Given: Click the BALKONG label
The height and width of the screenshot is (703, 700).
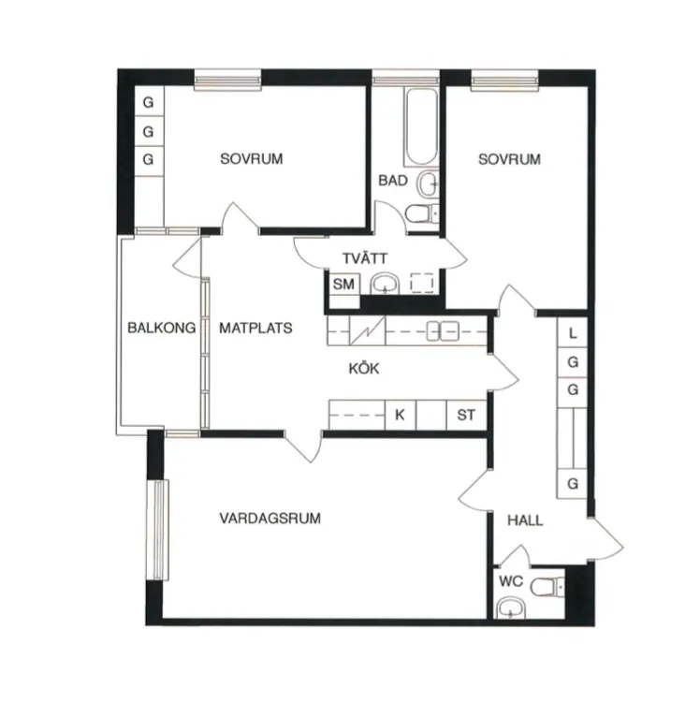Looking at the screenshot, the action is [x=161, y=328].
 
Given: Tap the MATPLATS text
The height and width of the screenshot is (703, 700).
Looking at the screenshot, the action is [x=255, y=329].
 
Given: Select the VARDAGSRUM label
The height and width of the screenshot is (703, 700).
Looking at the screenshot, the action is [x=270, y=519].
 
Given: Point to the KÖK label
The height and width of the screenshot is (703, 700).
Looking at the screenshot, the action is [x=364, y=368].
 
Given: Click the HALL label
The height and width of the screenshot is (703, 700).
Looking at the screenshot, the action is [x=525, y=520].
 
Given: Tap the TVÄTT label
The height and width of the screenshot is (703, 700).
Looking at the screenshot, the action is [x=365, y=257].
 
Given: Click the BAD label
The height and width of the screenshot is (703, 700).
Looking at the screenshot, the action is [x=393, y=181].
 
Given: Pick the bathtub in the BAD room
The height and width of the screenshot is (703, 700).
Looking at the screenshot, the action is [x=421, y=127].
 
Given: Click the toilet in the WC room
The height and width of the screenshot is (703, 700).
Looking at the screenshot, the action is [x=547, y=587].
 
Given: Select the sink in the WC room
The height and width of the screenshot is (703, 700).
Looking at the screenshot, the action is [x=512, y=608].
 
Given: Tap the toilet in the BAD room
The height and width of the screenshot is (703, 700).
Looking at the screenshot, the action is [x=423, y=213].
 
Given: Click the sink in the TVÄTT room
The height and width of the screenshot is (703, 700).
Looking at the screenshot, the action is [x=385, y=284].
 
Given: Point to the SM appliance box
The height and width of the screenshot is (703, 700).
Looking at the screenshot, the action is [x=343, y=284].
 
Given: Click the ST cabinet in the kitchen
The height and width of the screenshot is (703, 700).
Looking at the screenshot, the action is [x=466, y=415].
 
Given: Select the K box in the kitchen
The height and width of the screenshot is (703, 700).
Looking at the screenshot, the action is [x=401, y=415].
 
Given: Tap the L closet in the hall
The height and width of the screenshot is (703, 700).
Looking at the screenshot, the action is [x=573, y=332].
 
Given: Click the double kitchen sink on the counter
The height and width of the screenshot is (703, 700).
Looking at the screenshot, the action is [x=443, y=331].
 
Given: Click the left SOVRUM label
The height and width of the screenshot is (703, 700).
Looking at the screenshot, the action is [x=252, y=159].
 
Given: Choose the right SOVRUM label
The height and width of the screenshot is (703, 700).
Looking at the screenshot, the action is [x=509, y=159].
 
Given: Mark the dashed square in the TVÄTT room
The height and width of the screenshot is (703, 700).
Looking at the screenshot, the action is [x=422, y=283].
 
